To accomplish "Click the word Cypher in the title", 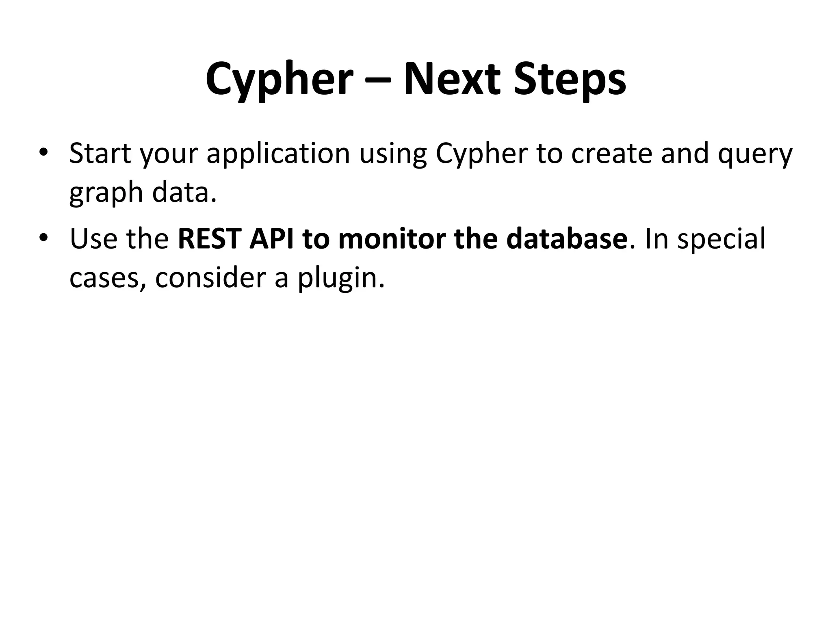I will tap(279, 80).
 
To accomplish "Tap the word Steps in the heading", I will tap(570, 80).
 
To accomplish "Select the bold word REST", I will tap(210, 239).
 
